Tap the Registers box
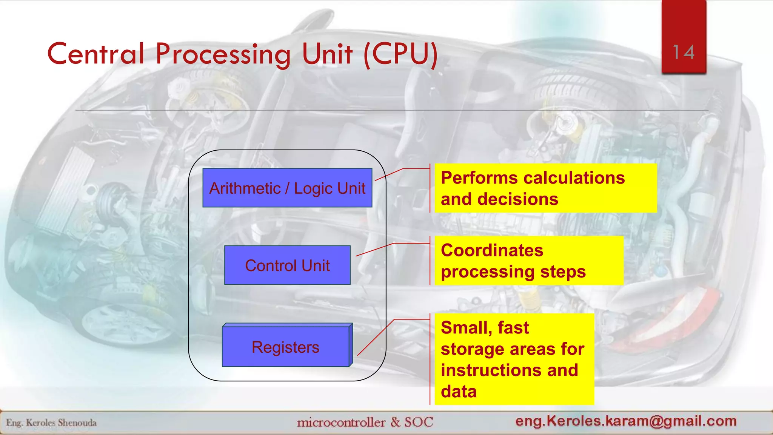pyautogui.click(x=286, y=347)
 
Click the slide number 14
pyautogui.click(x=684, y=52)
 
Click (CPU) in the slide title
pyautogui.click(x=400, y=54)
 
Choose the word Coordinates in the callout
pyautogui.click(x=492, y=250)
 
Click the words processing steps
pyautogui.click(x=513, y=272)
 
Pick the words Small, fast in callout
pyautogui.click(x=484, y=327)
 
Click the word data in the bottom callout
pyautogui.click(x=459, y=392)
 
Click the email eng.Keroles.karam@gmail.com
pyautogui.click(x=626, y=421)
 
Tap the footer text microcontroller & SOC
pyautogui.click(x=365, y=422)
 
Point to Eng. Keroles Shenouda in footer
pyautogui.click(x=51, y=423)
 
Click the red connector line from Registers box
pyautogui.click(x=376, y=337)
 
